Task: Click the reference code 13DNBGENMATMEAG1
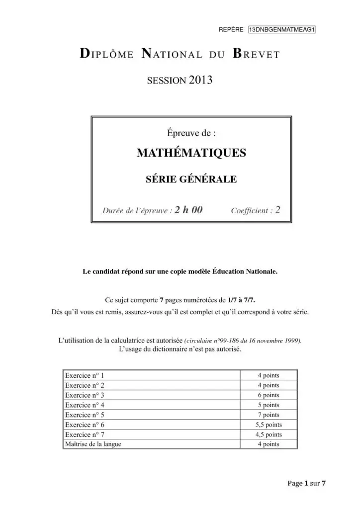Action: [282, 29]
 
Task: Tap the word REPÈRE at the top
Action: [231, 29]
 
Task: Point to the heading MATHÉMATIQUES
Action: [191, 153]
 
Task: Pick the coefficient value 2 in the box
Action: [277, 210]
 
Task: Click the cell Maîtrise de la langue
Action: [93, 444]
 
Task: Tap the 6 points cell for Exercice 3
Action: [268, 395]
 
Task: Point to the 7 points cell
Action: [268, 415]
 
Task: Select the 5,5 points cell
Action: [268, 424]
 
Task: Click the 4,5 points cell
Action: [268, 434]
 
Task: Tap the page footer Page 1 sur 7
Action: [306, 483]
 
